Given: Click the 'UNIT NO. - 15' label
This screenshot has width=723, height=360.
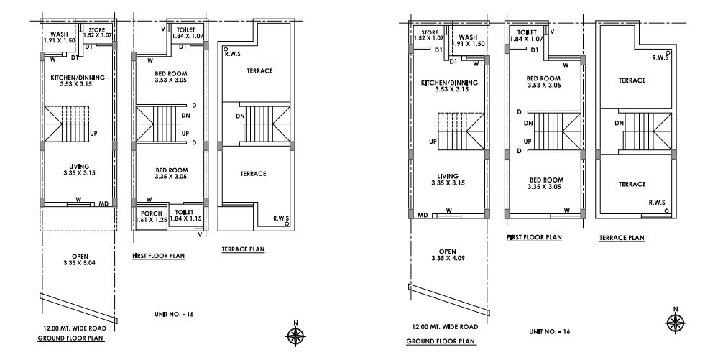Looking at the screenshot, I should tap(175, 315).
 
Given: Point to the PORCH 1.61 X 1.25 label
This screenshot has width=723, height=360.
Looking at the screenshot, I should tap(151, 216).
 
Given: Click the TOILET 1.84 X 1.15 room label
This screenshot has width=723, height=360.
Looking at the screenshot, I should tap(185, 216).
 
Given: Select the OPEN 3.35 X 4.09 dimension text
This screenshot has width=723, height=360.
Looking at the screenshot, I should tap(447, 255).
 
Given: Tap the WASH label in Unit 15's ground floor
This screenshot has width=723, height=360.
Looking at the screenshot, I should tap(58, 37).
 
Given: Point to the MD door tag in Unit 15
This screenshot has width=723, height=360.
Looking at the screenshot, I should tap(104, 204).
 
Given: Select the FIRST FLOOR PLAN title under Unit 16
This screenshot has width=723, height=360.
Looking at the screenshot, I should tap(533, 236).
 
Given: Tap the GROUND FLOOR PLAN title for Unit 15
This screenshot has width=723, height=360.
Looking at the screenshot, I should tap(71, 337).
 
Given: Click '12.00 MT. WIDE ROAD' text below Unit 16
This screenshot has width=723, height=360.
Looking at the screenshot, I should tap(441, 326).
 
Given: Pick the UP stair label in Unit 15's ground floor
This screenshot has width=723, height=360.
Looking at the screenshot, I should tap(93, 133).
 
